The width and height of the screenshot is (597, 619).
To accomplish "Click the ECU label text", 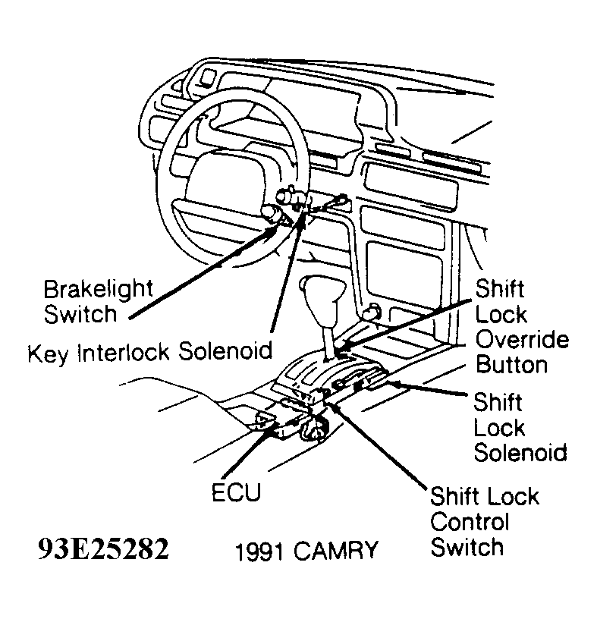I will pos(235,493).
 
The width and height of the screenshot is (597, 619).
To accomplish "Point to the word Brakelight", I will pos(98,289).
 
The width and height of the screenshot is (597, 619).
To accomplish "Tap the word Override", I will pos(522,339).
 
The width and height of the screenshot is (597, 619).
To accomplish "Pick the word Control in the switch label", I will pos(470,522).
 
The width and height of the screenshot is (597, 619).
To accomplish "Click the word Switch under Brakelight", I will pos(80,313).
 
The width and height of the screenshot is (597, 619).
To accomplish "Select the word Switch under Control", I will pos(467,547).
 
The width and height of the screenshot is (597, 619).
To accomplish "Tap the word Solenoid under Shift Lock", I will pos(520,453).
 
